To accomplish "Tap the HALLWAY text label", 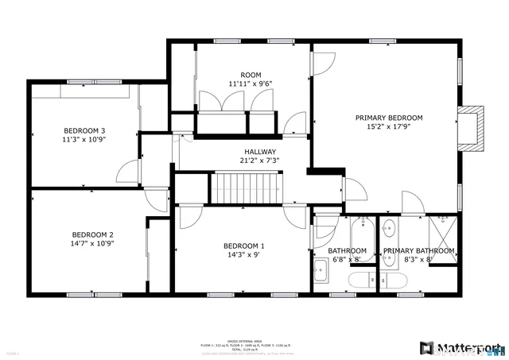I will click(x=260, y=152).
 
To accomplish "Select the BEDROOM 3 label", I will click(x=85, y=130).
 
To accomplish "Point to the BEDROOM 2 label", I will click(x=93, y=234).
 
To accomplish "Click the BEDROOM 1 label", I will click(x=244, y=246).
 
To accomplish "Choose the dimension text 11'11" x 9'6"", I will click(x=251, y=83).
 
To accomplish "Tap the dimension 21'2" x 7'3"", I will click(x=260, y=161).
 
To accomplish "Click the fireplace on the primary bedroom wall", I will click(x=471, y=128).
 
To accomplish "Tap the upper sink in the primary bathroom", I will click(x=388, y=230).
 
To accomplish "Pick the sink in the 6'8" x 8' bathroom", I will click(x=321, y=272).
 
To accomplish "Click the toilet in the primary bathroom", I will click(x=392, y=280).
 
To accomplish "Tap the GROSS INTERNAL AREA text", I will click(x=244, y=339).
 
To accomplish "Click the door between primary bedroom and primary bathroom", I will click(x=413, y=203).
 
